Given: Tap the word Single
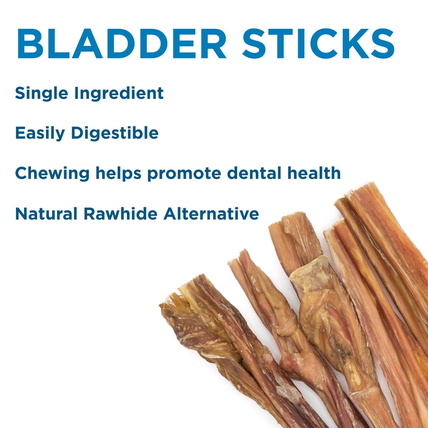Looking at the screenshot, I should (41, 93).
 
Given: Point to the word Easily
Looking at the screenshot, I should (40, 133).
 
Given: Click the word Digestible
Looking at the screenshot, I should (115, 133).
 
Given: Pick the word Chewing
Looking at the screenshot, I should (52, 174).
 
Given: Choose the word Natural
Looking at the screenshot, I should (46, 214).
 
